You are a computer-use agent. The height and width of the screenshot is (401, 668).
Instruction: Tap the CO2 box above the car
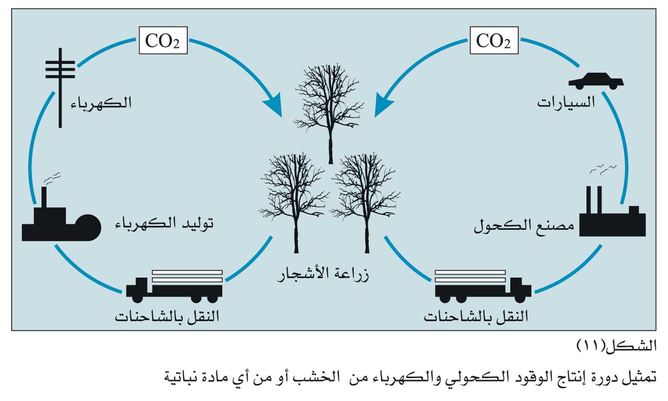(494, 40)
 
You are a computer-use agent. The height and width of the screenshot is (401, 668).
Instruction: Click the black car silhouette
(596, 81)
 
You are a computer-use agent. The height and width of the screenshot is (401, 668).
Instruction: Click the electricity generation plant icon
(59, 222)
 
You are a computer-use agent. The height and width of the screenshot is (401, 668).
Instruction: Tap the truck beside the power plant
(174, 285)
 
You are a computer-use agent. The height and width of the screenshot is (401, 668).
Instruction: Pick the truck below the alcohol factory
(482, 285)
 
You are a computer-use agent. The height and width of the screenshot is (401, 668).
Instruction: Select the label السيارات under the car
(567, 103)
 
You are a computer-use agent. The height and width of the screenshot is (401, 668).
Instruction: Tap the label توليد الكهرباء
(164, 225)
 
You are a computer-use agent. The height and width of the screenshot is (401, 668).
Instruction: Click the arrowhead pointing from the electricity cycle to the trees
(273, 104)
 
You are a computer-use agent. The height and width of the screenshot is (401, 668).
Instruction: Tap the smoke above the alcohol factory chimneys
(603, 169)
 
